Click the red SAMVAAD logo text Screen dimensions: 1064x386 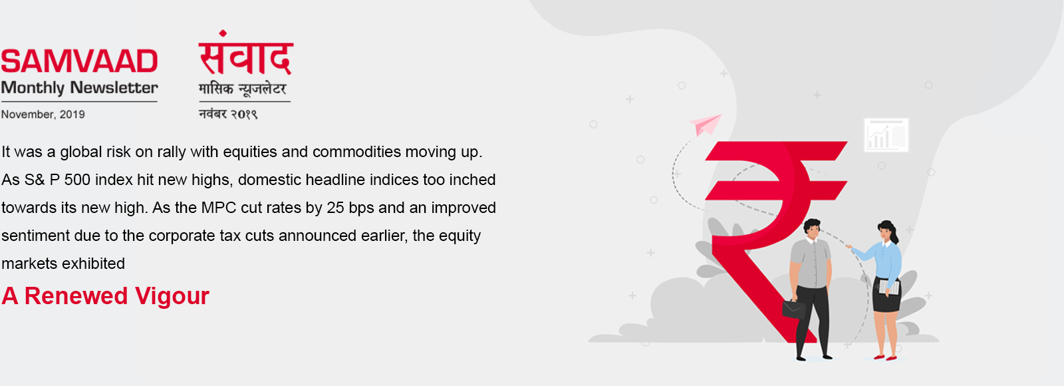click(x=79, y=61)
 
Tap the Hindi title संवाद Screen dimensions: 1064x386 click(x=245, y=53)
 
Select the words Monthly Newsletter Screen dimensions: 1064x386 click(x=79, y=88)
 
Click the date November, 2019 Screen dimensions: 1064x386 click(x=43, y=114)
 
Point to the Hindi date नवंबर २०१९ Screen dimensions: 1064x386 click(x=228, y=114)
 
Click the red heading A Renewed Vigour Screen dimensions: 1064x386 click(x=106, y=296)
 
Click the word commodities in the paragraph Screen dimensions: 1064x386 click(x=356, y=152)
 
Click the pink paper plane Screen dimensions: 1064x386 click(x=706, y=124)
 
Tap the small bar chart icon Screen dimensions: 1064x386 click(x=886, y=136)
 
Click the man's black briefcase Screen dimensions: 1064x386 click(x=794, y=309)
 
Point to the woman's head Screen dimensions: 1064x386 click(x=887, y=231)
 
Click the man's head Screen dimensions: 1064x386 click(x=812, y=230)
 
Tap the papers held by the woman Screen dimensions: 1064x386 click(x=889, y=287)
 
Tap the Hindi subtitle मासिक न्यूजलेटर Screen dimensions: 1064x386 click(x=243, y=89)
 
